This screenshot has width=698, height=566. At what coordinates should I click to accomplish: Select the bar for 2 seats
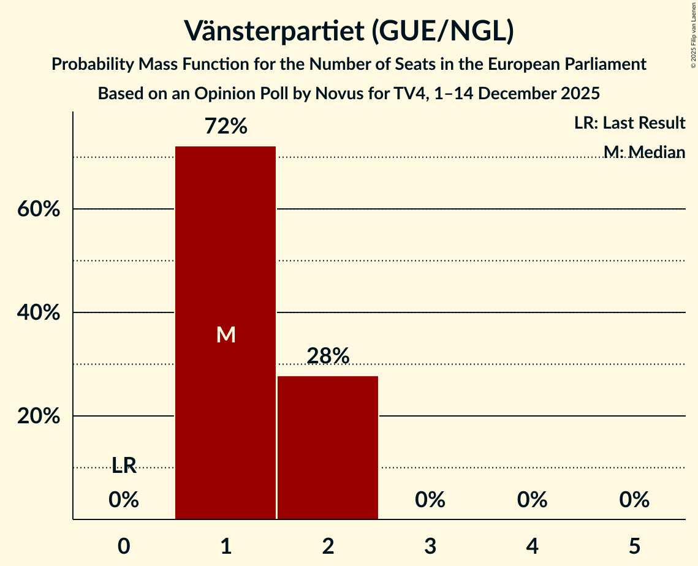[x=328, y=447]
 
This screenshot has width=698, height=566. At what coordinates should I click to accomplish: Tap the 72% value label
[x=226, y=127]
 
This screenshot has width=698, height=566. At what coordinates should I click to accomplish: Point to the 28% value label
[x=328, y=356]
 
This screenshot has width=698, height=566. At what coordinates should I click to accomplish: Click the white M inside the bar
[x=226, y=334]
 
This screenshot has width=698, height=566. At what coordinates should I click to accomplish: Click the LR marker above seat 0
[x=124, y=466]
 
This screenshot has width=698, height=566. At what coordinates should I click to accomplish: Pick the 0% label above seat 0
[x=124, y=500]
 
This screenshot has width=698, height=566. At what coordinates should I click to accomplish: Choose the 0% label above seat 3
[x=430, y=500]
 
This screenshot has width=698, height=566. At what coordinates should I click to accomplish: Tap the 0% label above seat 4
[x=532, y=500]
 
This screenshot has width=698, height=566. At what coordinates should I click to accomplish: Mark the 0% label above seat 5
[x=634, y=500]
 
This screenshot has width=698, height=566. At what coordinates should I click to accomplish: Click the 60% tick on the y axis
[x=38, y=209]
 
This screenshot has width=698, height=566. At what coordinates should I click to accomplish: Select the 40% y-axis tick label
[x=38, y=313]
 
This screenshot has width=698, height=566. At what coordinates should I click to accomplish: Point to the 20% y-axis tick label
[x=38, y=417]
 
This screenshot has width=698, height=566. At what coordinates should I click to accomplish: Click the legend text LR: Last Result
[x=629, y=123]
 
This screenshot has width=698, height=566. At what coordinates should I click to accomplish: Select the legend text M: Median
[x=644, y=152]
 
